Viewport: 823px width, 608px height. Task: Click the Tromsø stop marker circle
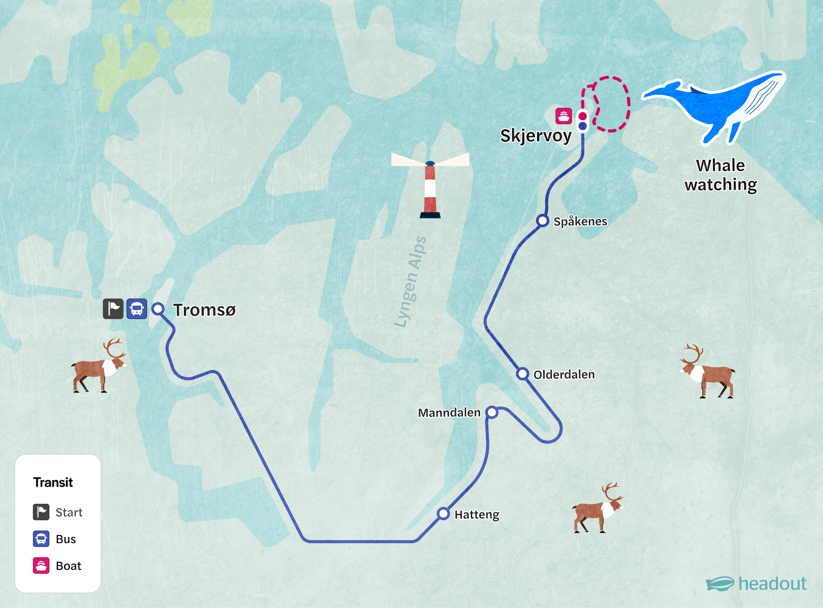click(x=158, y=308)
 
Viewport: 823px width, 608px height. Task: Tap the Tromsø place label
click(x=204, y=310)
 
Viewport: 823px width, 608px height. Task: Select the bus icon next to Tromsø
click(x=136, y=309)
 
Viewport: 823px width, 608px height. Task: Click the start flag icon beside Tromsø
click(x=113, y=309)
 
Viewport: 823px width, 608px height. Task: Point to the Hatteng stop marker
click(x=443, y=513)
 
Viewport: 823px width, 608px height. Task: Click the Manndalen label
click(x=449, y=413)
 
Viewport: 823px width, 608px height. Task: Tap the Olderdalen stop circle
click(x=522, y=374)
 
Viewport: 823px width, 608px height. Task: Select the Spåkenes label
click(x=580, y=221)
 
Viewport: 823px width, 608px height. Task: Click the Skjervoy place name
click(x=536, y=136)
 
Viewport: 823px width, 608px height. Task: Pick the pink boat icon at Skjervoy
click(x=563, y=116)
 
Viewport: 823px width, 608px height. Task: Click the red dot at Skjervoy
click(x=583, y=116)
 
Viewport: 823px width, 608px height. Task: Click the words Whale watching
click(x=720, y=175)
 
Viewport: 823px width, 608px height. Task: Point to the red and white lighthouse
click(x=430, y=190)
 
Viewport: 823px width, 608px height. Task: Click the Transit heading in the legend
click(x=53, y=482)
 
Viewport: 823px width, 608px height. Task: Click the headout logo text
click(x=772, y=584)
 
